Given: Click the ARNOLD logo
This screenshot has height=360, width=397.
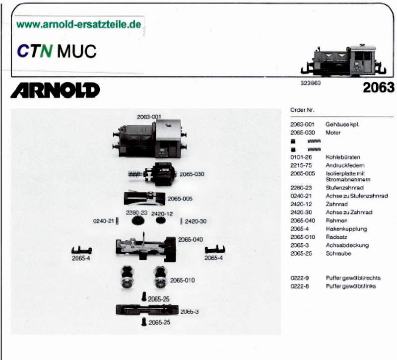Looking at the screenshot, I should (55, 90).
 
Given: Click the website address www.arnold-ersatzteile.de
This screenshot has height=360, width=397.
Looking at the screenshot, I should (78, 24).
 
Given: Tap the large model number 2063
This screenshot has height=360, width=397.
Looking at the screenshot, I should (378, 88).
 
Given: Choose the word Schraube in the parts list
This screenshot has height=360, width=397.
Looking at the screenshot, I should (338, 253).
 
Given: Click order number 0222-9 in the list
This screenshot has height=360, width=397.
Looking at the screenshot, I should (300, 278).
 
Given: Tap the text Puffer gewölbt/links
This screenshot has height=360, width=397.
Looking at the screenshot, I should (349, 287).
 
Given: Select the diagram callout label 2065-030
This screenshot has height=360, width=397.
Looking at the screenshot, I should (192, 174).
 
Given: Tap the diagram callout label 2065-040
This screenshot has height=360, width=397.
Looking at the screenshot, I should (191, 240).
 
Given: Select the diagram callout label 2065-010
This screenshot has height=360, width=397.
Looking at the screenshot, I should (183, 281).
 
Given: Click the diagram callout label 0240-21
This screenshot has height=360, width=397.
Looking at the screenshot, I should (104, 221).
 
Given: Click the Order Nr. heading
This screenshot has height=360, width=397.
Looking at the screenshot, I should (301, 110).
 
